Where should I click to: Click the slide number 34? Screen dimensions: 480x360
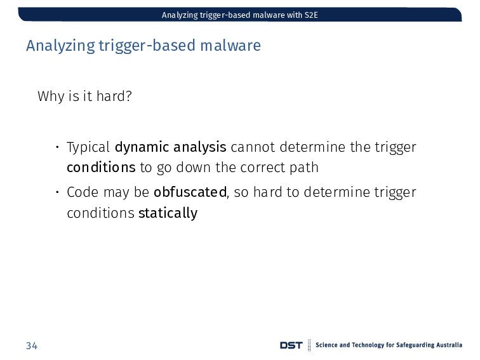click(32, 345)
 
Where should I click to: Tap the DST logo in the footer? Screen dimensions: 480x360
click(291, 345)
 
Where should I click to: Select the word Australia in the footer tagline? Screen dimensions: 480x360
click(449, 345)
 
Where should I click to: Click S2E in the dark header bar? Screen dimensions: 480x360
click(311, 15)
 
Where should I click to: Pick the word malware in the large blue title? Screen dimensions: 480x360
click(230, 45)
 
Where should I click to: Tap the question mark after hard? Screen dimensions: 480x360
click(129, 96)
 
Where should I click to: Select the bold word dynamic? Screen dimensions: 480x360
click(142, 147)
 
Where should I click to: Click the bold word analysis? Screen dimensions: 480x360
click(200, 147)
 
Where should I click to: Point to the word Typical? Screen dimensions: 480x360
click(88, 147)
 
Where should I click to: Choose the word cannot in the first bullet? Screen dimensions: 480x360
click(253, 147)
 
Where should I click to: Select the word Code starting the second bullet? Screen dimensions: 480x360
click(83, 192)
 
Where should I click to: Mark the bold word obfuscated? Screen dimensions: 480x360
click(190, 192)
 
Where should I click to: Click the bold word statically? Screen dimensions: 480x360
click(168, 213)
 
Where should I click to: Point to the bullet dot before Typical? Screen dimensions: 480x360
click(57, 147)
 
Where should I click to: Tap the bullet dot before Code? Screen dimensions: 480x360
click(57, 192)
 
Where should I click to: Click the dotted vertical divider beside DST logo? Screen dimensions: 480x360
click(309, 345)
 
